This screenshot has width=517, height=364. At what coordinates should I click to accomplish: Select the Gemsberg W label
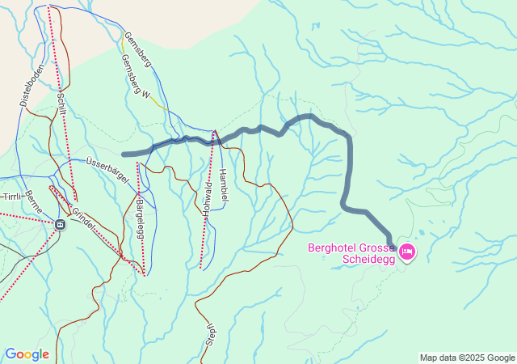click(x=136, y=83)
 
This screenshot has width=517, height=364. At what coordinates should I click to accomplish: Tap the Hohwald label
click(x=208, y=204)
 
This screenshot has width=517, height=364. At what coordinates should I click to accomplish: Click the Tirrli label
click(x=11, y=197)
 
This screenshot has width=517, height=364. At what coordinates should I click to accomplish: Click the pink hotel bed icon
click(x=408, y=252)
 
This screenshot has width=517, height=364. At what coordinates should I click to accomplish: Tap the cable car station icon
click(x=61, y=224)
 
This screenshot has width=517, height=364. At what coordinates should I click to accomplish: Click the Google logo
click(x=27, y=354)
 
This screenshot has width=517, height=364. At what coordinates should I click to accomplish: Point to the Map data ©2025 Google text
click(x=467, y=358)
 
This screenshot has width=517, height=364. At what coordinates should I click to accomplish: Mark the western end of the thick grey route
click(x=124, y=154)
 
